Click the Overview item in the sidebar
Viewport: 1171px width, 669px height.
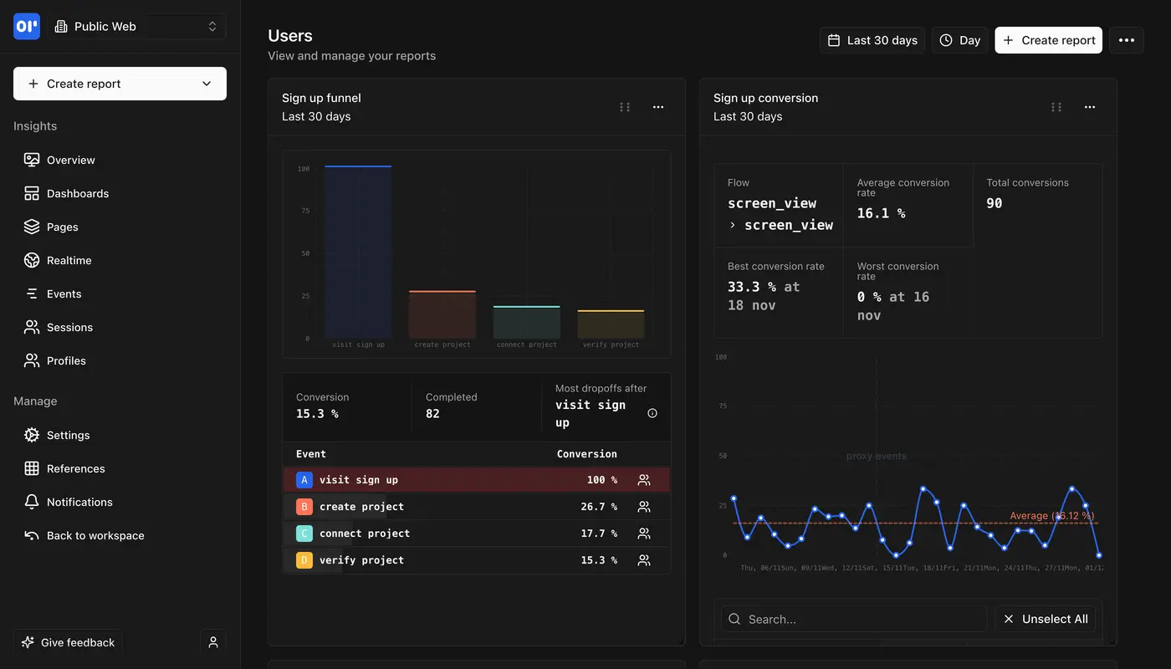(70, 160)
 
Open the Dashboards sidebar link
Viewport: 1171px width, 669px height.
(77, 193)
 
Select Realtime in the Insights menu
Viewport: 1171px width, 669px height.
(69, 260)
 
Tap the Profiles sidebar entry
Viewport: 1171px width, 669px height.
(66, 360)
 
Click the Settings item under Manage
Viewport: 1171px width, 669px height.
(68, 435)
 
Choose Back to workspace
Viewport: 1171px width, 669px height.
(95, 535)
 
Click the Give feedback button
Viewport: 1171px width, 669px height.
(68, 642)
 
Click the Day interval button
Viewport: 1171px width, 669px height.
(959, 40)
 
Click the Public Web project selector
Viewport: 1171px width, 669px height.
(136, 27)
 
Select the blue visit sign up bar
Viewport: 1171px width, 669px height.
(358, 251)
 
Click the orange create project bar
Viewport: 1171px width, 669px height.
(442, 314)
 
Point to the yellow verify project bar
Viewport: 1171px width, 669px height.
(611, 324)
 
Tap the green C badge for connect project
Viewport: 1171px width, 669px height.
(304, 534)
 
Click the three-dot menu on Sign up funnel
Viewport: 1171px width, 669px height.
(658, 107)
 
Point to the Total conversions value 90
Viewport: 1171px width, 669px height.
(994, 203)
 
